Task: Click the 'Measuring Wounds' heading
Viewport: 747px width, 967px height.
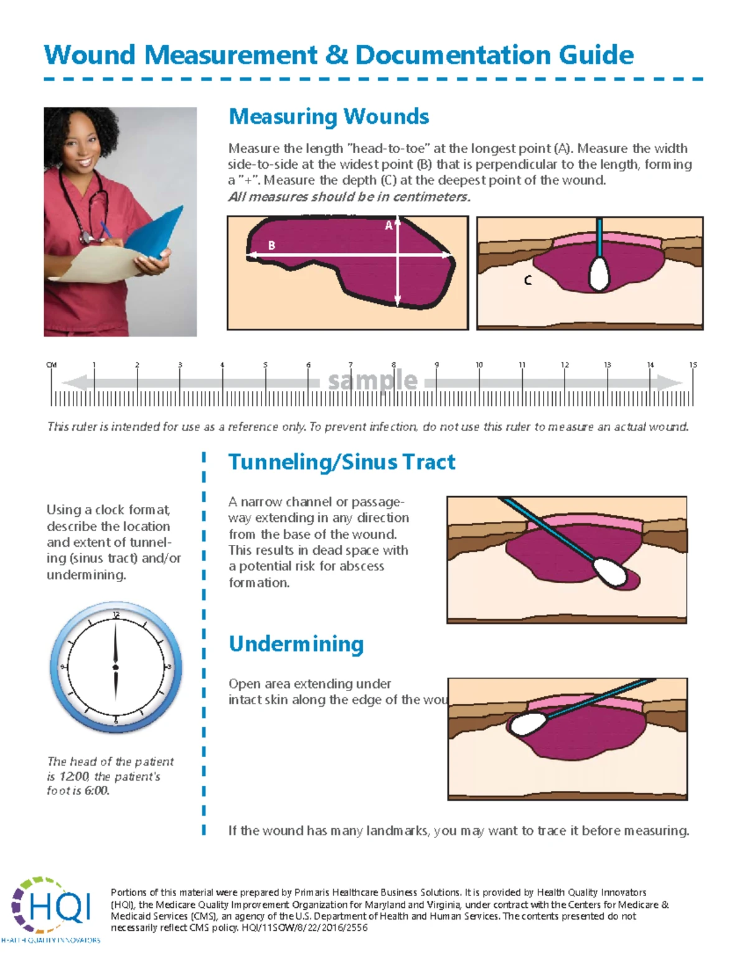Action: pyautogui.click(x=329, y=117)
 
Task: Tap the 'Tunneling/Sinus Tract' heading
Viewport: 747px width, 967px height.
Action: pyautogui.click(x=342, y=463)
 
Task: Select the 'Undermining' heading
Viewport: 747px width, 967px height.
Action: pyautogui.click(x=296, y=644)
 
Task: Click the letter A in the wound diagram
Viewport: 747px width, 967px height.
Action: pyautogui.click(x=388, y=225)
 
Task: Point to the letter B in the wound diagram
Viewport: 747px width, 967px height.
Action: pyautogui.click(x=271, y=245)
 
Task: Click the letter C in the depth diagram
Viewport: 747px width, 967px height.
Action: pyautogui.click(x=528, y=281)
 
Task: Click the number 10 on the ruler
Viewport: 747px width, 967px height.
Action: pyautogui.click(x=479, y=365)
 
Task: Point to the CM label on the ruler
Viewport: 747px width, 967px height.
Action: pyautogui.click(x=52, y=365)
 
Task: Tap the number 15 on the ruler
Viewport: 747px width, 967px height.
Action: pyautogui.click(x=693, y=365)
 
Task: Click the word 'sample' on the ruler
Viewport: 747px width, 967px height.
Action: pyautogui.click(x=372, y=380)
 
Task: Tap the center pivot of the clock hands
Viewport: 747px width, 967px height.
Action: pyautogui.click(x=116, y=667)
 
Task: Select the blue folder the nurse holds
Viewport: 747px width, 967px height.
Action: pyautogui.click(x=156, y=233)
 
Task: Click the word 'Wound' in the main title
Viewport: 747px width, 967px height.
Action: pyautogui.click(x=90, y=55)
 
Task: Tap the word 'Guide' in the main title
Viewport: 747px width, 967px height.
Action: pyautogui.click(x=596, y=55)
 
